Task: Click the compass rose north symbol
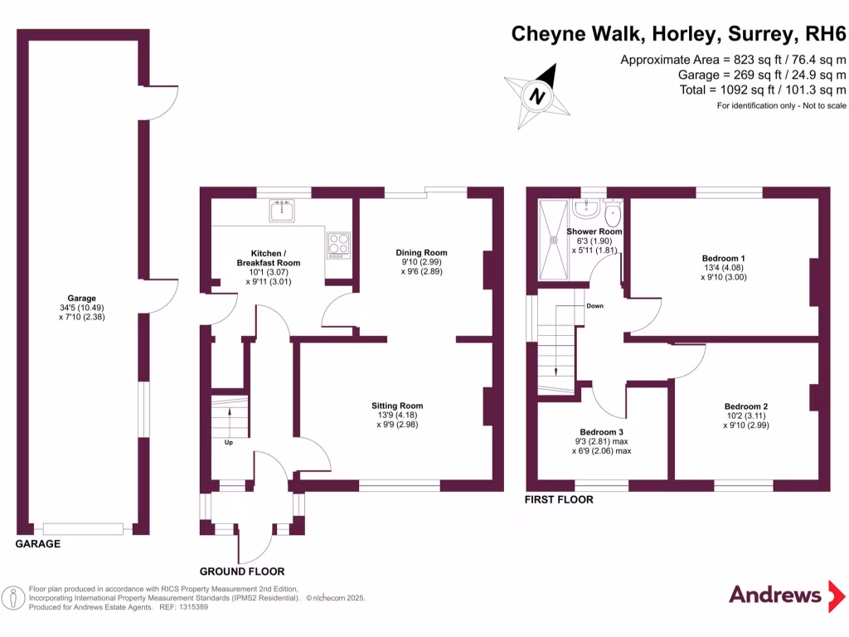(537, 95)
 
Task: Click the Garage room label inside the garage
(82, 307)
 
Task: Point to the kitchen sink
(282, 212)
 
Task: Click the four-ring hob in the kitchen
(338, 243)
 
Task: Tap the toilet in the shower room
(614, 215)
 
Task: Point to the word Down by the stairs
(594, 305)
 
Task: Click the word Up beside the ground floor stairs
(228, 442)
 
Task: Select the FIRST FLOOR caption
(560, 500)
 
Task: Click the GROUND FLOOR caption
(242, 571)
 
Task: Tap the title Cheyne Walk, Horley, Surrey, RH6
(678, 33)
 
